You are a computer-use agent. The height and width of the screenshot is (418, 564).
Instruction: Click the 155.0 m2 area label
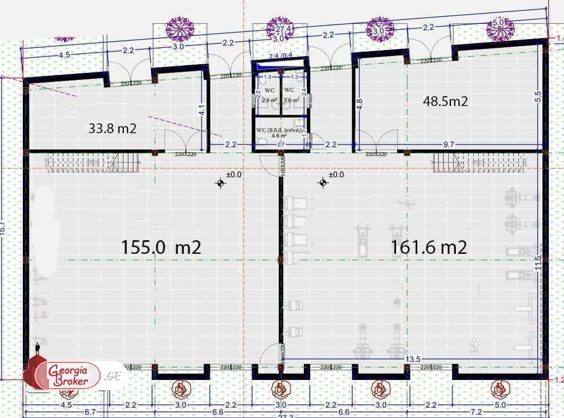[x=161, y=247]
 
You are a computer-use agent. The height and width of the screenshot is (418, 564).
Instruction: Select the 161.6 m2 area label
[x=429, y=247]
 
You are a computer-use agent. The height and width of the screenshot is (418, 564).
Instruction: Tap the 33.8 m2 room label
[x=112, y=129]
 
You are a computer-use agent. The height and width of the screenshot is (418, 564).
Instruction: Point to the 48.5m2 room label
[x=446, y=101]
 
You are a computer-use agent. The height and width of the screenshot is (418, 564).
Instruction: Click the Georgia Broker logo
[x=69, y=375]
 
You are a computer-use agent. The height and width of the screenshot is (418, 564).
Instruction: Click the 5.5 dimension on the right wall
[x=538, y=96]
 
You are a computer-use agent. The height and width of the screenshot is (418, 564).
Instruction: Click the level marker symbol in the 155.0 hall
[x=221, y=183]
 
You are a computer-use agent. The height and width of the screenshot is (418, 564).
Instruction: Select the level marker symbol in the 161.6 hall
[x=323, y=183]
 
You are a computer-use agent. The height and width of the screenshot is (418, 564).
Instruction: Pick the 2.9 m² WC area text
[x=270, y=101]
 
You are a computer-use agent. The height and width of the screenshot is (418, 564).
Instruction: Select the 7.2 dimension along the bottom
[x=476, y=413]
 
